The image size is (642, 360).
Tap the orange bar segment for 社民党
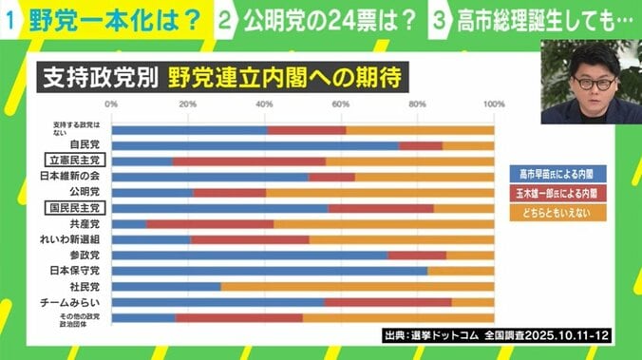pyautogui.click(x=357, y=285)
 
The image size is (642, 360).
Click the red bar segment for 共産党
pyautogui.click(x=210, y=223)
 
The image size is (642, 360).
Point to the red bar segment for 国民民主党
pyautogui.click(x=381, y=207)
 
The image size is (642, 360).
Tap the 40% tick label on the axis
pyautogui.click(x=264, y=104)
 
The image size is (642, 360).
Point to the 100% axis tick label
pyautogui.click(x=492, y=104)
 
